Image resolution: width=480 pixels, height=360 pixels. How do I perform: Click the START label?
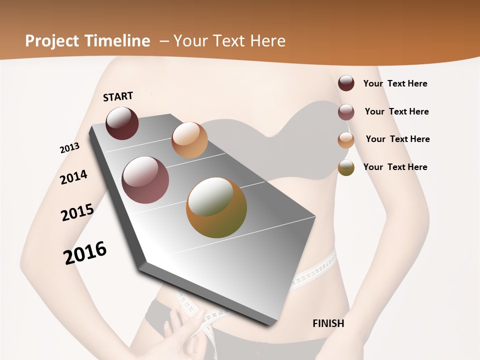(118, 96)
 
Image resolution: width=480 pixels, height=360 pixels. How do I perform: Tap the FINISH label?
(328, 323)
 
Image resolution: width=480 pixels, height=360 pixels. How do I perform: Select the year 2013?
(69, 148)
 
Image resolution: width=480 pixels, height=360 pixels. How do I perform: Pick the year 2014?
(73, 177)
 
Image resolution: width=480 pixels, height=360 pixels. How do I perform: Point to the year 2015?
(77, 212)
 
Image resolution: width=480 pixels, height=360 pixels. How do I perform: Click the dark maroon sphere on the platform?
(122, 123)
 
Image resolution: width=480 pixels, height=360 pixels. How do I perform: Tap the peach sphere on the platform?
(189, 139)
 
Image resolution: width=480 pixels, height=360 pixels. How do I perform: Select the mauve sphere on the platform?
(145, 180)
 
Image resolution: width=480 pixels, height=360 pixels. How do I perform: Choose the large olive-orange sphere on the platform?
(216, 207)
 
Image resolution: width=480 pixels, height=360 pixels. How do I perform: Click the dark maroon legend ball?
(346, 83)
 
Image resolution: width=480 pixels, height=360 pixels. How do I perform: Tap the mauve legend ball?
(346, 112)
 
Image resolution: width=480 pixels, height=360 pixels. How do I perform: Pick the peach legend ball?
(346, 140)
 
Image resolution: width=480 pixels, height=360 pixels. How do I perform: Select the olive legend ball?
(346, 167)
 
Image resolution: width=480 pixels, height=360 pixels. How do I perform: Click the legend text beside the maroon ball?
(395, 83)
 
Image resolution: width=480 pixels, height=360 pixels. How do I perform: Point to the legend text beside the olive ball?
(395, 167)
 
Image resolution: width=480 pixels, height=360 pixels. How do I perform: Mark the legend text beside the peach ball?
(397, 139)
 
